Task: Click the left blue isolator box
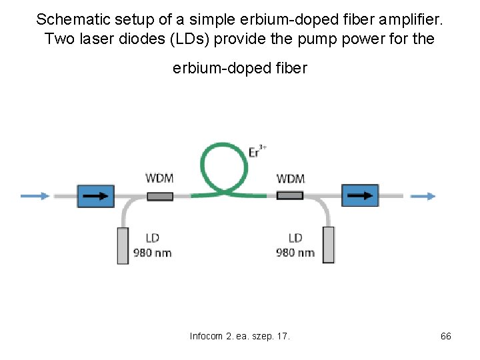click(96, 196)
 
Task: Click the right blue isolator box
click(360, 196)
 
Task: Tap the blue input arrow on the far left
click(35, 196)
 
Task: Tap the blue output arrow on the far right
click(423, 196)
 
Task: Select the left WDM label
click(160, 178)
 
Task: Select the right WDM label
click(291, 178)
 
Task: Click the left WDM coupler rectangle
click(160, 196)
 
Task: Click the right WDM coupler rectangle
click(290, 195)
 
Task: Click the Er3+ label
click(257, 151)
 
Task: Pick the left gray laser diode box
click(123, 245)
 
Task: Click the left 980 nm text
click(153, 253)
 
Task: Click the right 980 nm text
click(295, 253)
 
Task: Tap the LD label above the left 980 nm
click(153, 238)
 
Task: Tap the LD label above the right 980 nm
click(295, 238)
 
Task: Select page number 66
click(446, 336)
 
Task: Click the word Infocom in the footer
click(207, 336)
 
